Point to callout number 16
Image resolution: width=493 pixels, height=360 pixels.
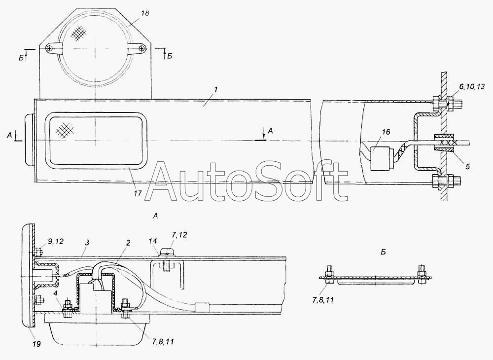point(386,132)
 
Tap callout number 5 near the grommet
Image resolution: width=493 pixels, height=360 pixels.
point(467,166)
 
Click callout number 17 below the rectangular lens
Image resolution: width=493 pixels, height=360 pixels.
point(138,193)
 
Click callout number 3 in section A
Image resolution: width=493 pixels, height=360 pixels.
point(87,243)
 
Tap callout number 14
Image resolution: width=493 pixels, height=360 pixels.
point(153,243)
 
